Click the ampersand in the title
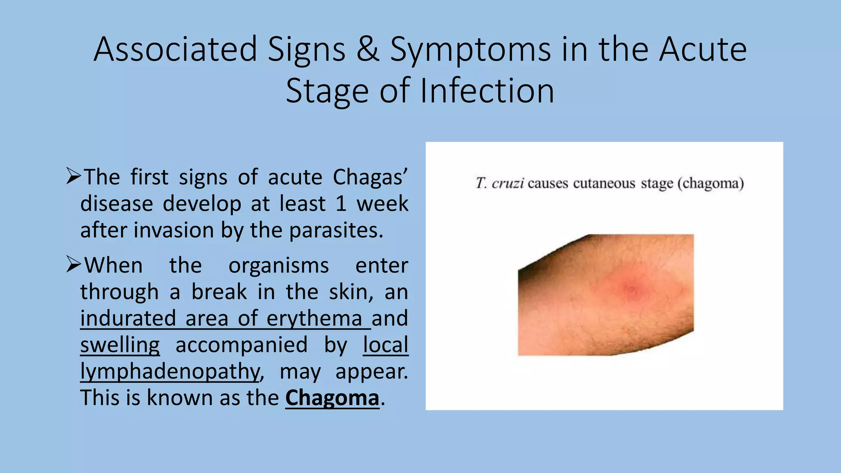tap(368, 50)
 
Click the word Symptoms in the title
tap(470, 50)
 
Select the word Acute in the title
tap(703, 50)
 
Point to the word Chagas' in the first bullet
tap(370, 178)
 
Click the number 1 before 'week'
tap(341, 204)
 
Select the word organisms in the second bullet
tap(278, 266)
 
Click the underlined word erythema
tap(314, 319)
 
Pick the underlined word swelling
tap(120, 345)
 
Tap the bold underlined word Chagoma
tap(332, 398)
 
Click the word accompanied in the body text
tap(241, 345)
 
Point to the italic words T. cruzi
tap(499, 183)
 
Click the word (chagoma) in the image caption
tap(710, 183)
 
